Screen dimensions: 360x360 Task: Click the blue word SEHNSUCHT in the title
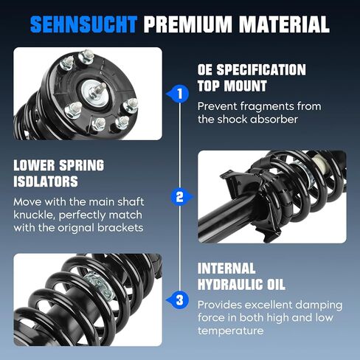click(x=83, y=24)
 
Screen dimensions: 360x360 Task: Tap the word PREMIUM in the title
click(x=187, y=24)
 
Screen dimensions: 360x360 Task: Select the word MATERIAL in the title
click(x=284, y=24)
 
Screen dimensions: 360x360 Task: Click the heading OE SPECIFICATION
click(x=252, y=69)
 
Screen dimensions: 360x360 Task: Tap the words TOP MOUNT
click(x=232, y=86)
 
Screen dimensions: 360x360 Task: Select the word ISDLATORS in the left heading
click(x=46, y=181)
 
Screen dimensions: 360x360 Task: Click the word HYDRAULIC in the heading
click(x=230, y=285)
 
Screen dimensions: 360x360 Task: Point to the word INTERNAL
click(x=226, y=269)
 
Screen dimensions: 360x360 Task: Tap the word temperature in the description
click(x=230, y=331)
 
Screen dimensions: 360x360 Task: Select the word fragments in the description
click(x=266, y=107)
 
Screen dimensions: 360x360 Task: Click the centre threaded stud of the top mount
click(x=100, y=89)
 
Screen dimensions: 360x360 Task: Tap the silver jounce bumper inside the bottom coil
click(x=99, y=285)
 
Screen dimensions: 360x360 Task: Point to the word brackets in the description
click(x=120, y=227)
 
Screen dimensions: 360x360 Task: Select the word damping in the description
click(x=319, y=305)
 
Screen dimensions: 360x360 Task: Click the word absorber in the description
click(x=274, y=120)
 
